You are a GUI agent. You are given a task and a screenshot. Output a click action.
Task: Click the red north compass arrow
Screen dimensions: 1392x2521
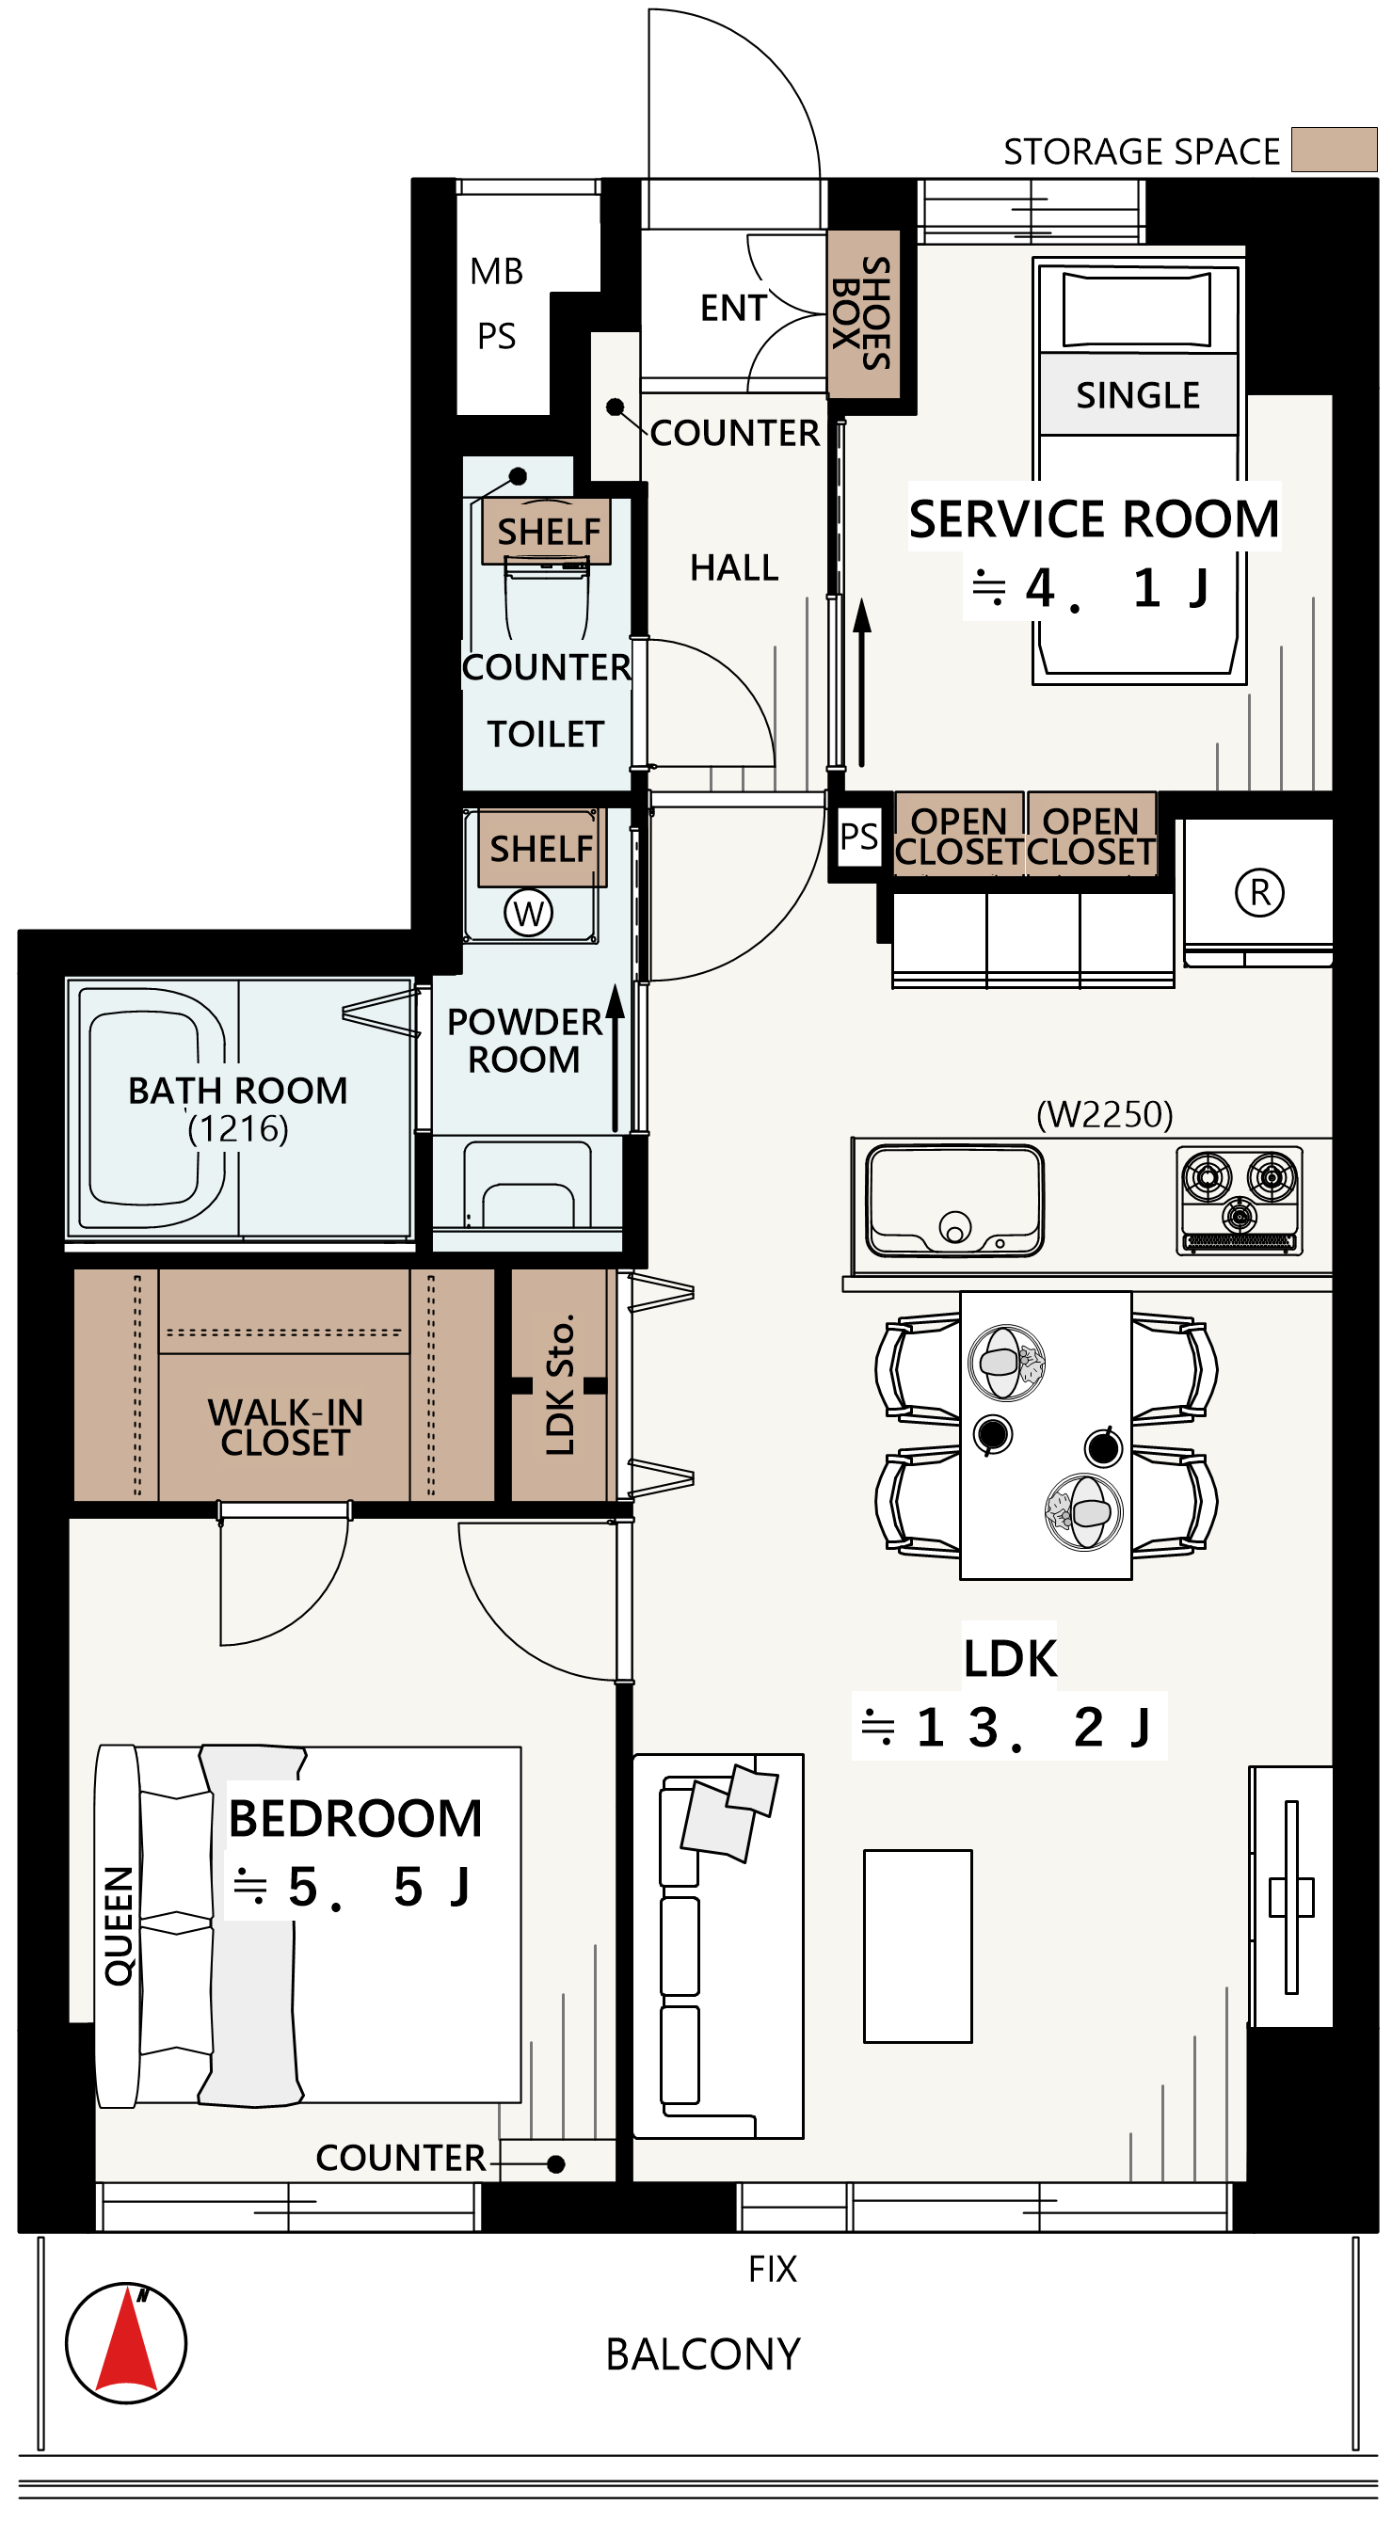(x=127, y=2345)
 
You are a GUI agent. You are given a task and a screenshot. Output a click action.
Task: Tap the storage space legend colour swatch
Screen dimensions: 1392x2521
(x=1334, y=150)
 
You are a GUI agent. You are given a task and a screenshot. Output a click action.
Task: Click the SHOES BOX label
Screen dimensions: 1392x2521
(x=862, y=313)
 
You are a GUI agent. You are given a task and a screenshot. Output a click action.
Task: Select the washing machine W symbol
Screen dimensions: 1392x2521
(x=528, y=913)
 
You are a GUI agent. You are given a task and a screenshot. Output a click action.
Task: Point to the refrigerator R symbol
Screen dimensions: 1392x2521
(x=1259, y=892)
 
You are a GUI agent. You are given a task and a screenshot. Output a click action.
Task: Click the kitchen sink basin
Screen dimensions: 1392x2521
(x=954, y=1200)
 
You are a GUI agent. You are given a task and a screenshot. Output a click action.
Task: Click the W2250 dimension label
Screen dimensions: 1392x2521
(x=1104, y=1115)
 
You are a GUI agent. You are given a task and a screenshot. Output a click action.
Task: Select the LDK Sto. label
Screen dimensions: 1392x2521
(x=559, y=1385)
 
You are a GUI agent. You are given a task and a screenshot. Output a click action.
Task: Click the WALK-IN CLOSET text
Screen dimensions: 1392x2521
(x=285, y=1428)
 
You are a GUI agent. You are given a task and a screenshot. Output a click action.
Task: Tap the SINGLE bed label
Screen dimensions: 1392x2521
(x=1138, y=395)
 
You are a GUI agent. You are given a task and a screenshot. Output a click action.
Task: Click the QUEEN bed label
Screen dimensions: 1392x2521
(x=119, y=1926)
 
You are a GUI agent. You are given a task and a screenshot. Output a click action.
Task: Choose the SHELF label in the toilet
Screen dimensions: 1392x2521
(x=548, y=532)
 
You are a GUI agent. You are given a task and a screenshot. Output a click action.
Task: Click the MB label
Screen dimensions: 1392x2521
(x=496, y=271)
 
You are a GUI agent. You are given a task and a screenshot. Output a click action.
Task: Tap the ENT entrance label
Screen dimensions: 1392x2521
(x=733, y=309)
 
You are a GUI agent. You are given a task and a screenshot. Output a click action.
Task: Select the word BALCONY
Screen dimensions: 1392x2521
(x=703, y=2354)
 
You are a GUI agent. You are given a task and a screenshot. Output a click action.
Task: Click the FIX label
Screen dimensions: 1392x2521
(x=773, y=2270)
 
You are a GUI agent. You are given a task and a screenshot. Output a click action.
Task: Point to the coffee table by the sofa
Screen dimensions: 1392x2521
(x=918, y=1945)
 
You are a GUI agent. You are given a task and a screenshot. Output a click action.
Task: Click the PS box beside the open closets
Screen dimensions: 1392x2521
(x=858, y=837)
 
